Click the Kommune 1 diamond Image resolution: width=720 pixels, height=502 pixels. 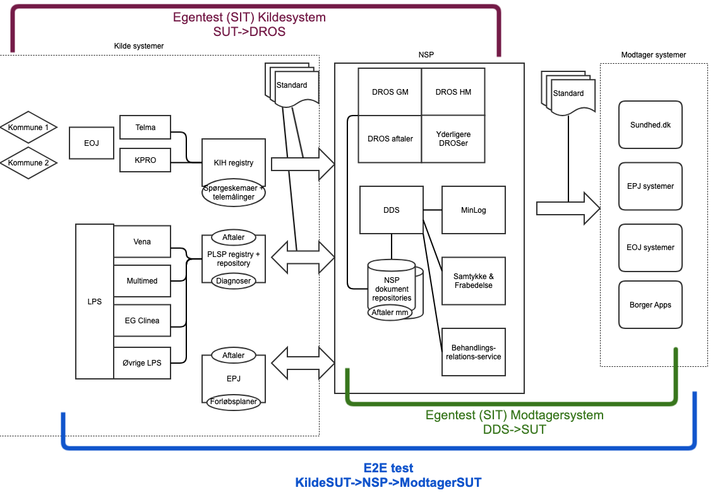pyautogui.click(x=28, y=128)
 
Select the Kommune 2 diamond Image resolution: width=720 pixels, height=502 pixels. pyautogui.click(x=28, y=163)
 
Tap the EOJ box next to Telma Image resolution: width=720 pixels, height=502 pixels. pyautogui.click(x=91, y=143)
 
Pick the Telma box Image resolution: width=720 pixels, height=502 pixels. pyautogui.click(x=145, y=127)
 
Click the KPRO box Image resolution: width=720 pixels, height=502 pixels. pyautogui.click(x=145, y=160)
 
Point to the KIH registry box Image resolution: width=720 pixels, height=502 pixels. pyautogui.click(x=234, y=163)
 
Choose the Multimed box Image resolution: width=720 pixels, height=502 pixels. pyautogui.click(x=142, y=281)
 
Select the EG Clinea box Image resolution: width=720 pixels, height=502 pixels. pyautogui.click(x=142, y=320)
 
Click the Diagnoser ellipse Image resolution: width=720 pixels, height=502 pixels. pyautogui.click(x=233, y=281)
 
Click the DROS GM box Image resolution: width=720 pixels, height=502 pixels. pyautogui.click(x=390, y=92)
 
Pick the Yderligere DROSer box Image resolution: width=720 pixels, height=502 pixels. pyautogui.click(x=453, y=139)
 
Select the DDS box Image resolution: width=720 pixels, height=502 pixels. pyautogui.click(x=392, y=210)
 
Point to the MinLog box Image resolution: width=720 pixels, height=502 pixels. pyautogui.click(x=474, y=210)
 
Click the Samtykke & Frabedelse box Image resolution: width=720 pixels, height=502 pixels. pyautogui.click(x=474, y=281)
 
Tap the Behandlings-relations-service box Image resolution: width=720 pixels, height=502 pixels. pyautogui.click(x=474, y=352)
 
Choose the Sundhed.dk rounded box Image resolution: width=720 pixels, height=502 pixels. pyautogui.click(x=651, y=125)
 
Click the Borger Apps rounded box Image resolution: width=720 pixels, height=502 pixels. pyautogui.click(x=651, y=305)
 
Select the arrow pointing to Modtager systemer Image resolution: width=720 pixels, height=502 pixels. pyautogui.click(x=567, y=208)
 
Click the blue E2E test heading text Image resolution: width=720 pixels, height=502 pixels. pyautogui.click(x=388, y=469)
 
